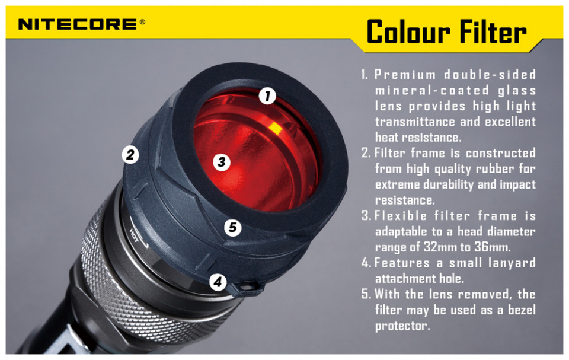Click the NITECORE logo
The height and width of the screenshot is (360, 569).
pos(77,25)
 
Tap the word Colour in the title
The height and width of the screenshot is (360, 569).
pos(408,32)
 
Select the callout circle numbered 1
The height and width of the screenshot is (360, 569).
pos(267,96)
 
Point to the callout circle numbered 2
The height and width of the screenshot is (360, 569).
pos(130,155)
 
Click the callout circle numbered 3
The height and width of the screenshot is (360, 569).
pos(221,162)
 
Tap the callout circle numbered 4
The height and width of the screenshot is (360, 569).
pos(218,282)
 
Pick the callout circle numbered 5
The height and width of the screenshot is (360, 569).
pos(232,227)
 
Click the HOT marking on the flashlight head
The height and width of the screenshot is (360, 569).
pos(135,235)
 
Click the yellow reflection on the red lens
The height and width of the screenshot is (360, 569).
pos(275,128)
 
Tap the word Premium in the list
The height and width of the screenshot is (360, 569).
pos(405,75)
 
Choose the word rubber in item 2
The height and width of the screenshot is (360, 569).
pos(495,169)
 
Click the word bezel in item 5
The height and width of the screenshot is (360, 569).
pos(522,310)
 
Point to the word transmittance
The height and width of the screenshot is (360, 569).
pos(415,122)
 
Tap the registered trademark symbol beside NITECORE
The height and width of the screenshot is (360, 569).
pos(142,22)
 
